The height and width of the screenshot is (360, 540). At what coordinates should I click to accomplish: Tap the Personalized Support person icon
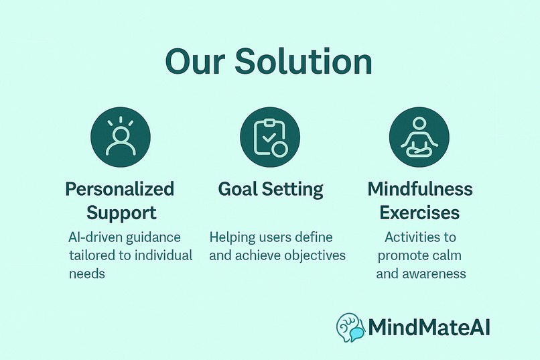pos(121,139)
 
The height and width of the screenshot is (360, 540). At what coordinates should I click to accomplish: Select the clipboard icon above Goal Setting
pos(270,139)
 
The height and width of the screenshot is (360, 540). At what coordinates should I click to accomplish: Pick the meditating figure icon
pos(419,139)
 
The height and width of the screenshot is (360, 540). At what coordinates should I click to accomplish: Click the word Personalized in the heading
pos(120,189)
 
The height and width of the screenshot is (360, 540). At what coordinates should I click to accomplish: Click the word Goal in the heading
pos(237,189)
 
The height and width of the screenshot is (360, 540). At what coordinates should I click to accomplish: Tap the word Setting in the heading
pos(292,190)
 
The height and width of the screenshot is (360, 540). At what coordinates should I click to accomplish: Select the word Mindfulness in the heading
pos(420,189)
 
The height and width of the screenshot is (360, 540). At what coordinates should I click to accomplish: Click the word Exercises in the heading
pos(419,213)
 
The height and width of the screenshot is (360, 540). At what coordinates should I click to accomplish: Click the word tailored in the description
pos(92,255)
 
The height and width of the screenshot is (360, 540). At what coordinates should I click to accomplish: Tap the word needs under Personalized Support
pos(87,274)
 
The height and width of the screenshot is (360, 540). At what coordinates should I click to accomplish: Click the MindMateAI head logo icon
pos(351,328)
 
